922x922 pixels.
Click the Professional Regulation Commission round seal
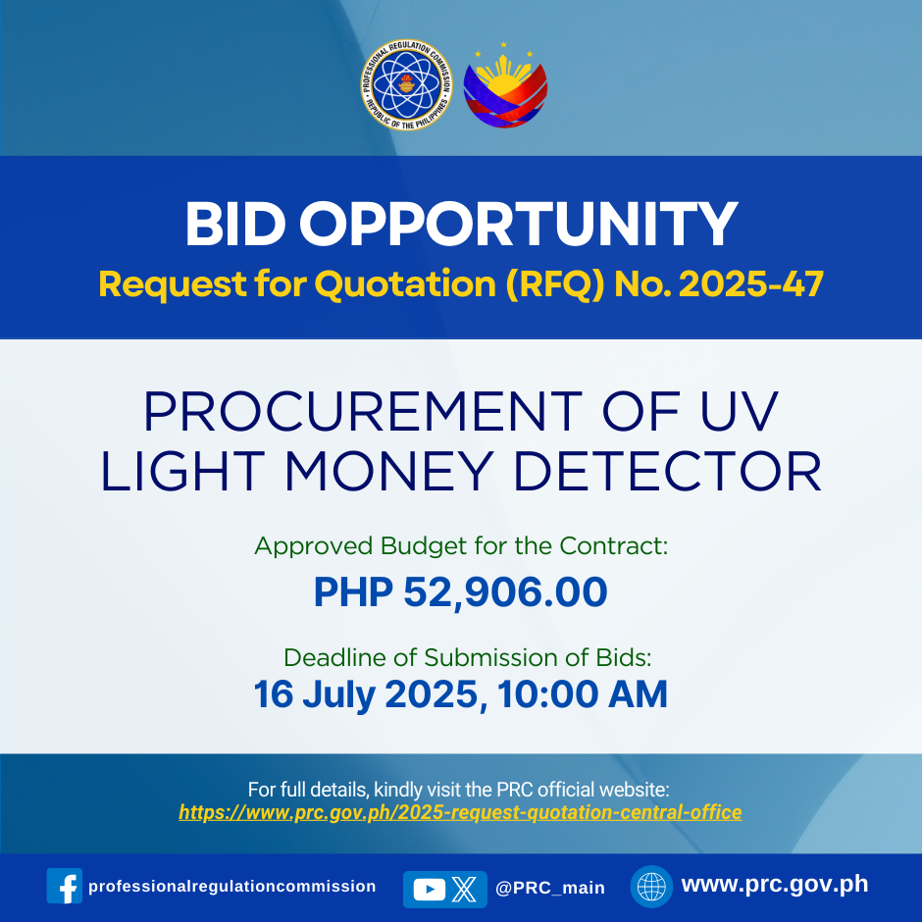click(406, 84)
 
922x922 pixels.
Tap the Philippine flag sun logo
click(505, 86)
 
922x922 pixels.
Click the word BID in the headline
click(235, 224)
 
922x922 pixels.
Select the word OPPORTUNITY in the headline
click(519, 224)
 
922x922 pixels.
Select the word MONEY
click(388, 471)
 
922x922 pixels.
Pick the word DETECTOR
click(667, 471)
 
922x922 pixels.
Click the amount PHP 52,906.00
click(460, 591)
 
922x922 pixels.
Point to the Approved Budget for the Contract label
click(461, 546)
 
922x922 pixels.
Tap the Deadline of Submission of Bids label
click(468, 657)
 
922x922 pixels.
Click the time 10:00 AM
click(582, 693)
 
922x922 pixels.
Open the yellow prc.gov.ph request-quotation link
click(460, 812)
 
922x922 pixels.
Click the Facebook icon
click(65, 886)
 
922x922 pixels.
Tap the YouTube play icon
click(429, 890)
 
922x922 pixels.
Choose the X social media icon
click(465, 890)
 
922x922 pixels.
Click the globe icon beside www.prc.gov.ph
click(651, 887)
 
